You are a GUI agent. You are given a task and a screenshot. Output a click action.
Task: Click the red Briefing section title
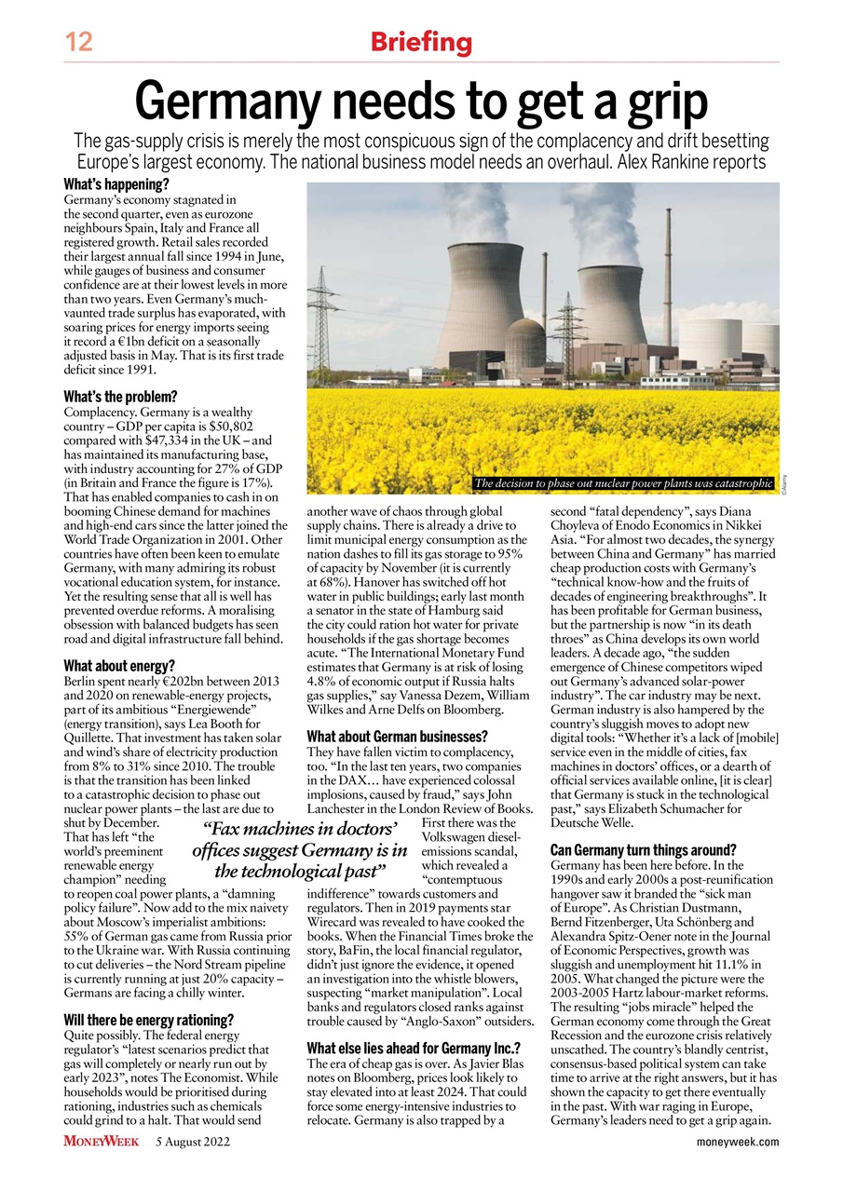[421, 42]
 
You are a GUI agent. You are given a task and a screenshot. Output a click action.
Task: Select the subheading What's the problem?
[120, 396]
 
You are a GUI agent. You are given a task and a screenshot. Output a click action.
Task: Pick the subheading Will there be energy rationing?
[148, 1019]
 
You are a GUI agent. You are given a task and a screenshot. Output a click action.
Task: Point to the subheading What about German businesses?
[397, 737]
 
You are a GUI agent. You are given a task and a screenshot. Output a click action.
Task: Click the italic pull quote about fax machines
[300, 849]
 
